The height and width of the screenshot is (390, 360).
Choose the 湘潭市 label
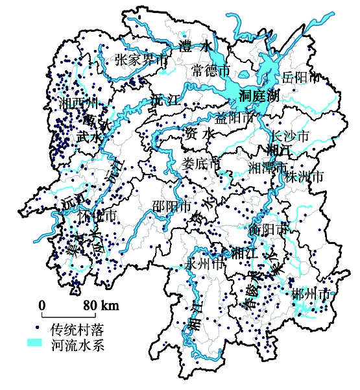[268, 167]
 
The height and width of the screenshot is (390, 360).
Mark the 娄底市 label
[201, 162]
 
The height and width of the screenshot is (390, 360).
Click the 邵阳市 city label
[171, 207]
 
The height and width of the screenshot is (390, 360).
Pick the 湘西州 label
[78, 104]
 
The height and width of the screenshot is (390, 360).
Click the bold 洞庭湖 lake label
[258, 96]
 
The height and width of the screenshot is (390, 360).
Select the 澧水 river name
[195, 46]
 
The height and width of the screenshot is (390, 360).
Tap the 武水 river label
[89, 137]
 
